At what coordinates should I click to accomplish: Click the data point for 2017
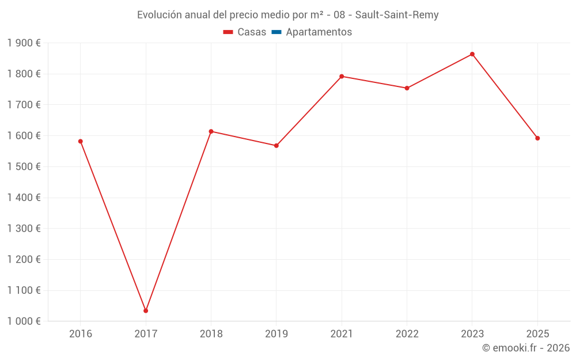(146, 310)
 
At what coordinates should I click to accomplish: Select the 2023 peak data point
(472, 54)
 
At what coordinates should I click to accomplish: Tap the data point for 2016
(81, 141)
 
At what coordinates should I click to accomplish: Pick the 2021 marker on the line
(342, 76)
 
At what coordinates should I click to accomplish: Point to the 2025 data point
(537, 138)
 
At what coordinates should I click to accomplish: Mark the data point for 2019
(276, 146)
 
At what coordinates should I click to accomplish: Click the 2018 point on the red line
(211, 131)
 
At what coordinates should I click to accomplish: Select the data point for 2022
(407, 88)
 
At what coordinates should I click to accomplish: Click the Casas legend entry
(245, 32)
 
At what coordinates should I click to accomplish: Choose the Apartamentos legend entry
(312, 32)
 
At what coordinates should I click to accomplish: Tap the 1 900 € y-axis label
(24, 43)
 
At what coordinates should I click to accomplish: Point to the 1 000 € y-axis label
(24, 321)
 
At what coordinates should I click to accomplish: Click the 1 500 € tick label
(24, 166)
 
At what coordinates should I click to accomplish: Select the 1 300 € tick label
(24, 229)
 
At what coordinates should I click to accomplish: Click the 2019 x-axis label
(276, 334)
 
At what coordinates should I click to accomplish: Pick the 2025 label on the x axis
(537, 334)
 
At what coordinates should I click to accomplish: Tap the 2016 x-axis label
(81, 334)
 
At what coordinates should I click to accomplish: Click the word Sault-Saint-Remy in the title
(397, 15)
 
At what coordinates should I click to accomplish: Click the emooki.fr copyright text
(526, 348)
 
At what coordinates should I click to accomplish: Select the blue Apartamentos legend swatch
(276, 32)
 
